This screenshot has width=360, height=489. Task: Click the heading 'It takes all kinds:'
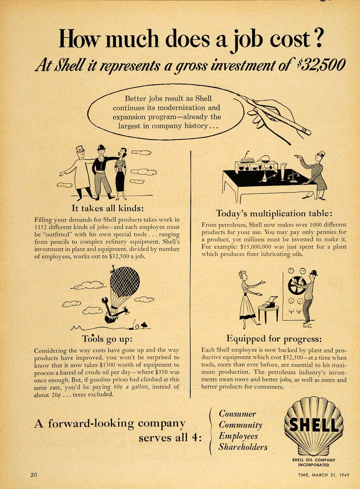tap(108, 208)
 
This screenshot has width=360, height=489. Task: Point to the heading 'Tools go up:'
tap(107, 339)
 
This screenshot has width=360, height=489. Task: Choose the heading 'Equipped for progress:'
tap(274, 339)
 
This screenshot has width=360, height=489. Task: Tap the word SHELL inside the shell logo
tap(314, 425)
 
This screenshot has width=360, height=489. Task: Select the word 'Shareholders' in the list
tap(243, 447)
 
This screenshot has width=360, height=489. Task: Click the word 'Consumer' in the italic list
tap(238, 414)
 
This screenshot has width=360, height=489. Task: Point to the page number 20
tap(34, 475)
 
